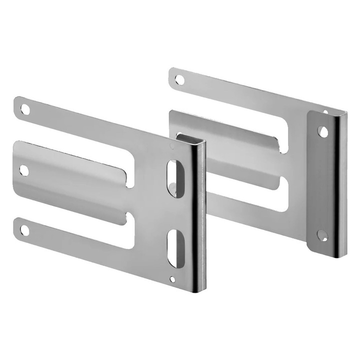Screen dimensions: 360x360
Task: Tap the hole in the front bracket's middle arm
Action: pyautogui.click(x=23, y=170)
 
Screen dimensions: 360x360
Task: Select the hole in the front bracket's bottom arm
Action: pyautogui.click(x=23, y=230)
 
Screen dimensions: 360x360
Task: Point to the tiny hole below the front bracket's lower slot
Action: pyautogui.click(x=173, y=279)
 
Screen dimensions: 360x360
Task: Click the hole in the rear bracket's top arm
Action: pyautogui.click(x=180, y=78)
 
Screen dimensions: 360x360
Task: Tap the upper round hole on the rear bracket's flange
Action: pyautogui.click(x=323, y=131)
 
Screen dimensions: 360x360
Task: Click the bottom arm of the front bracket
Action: pyautogui.click(x=75, y=235)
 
